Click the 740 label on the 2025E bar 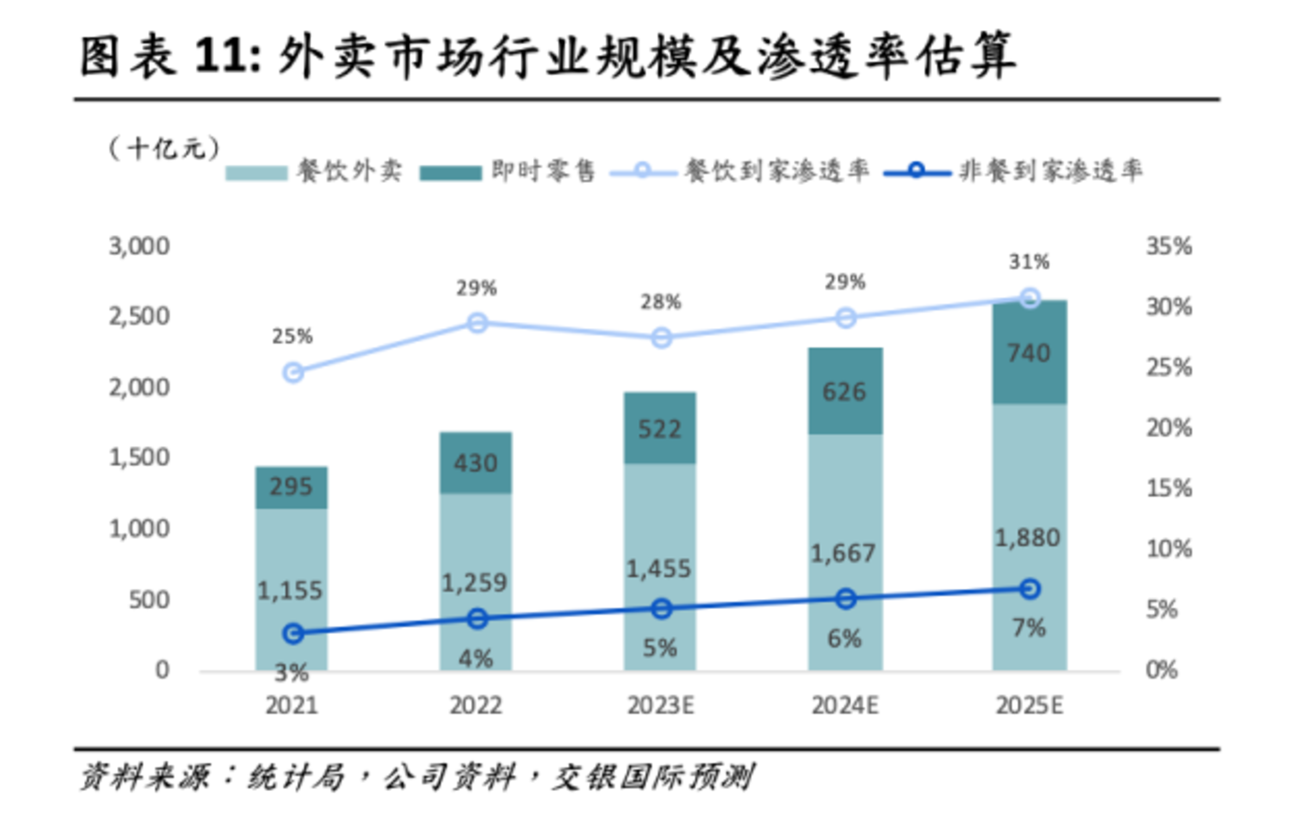[1029, 353]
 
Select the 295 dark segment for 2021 [291, 487]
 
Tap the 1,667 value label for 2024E [843, 553]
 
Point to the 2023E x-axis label [660, 706]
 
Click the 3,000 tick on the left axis [139, 246]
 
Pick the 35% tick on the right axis [1169, 246]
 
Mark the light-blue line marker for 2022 [476, 323]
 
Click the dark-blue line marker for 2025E [1030, 589]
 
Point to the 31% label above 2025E [1029, 262]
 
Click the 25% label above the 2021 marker [292, 337]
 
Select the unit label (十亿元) [164, 147]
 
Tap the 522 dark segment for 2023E [659, 428]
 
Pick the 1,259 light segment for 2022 [475, 583]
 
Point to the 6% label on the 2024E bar [844, 638]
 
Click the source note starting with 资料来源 [416, 777]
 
